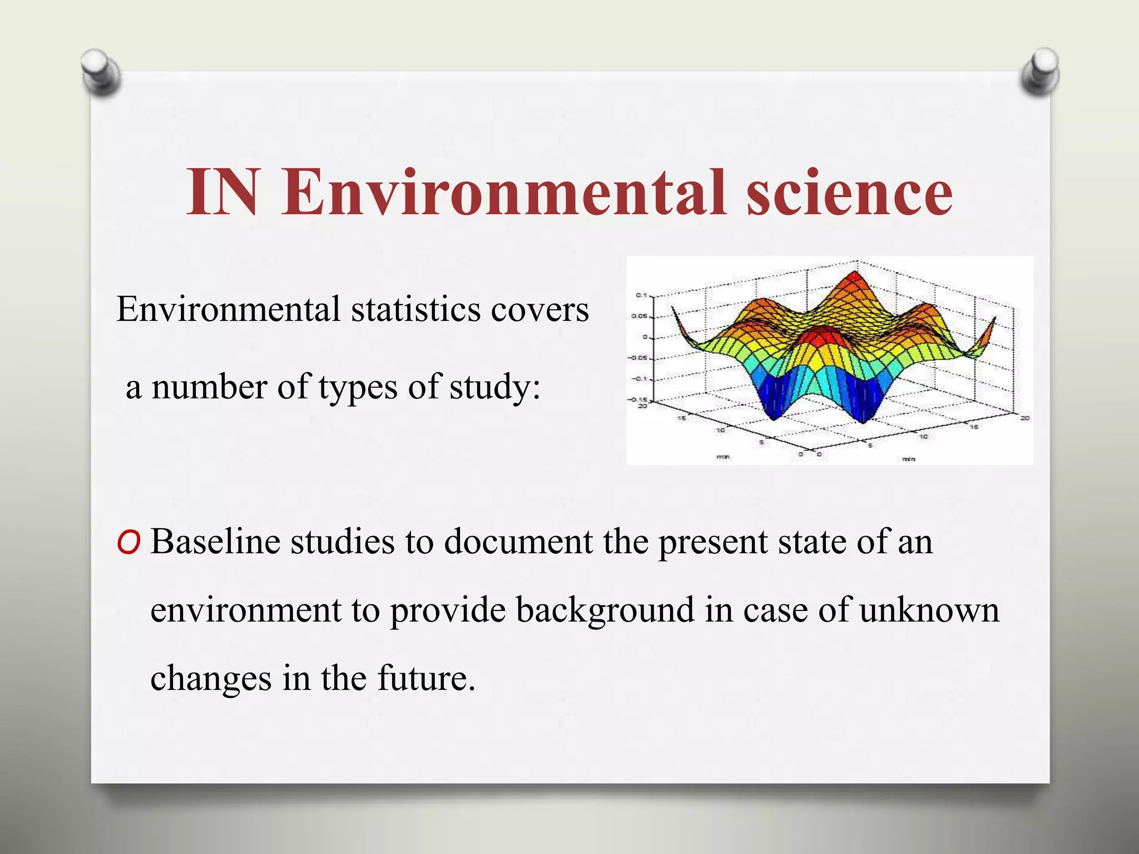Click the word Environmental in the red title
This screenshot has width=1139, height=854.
[x=503, y=192]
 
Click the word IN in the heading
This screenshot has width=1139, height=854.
[x=222, y=192]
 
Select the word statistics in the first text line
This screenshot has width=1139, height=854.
[x=415, y=309]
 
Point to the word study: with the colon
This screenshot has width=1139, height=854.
[x=494, y=386]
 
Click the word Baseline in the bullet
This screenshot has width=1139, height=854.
[x=215, y=541]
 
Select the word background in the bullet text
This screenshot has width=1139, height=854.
[x=605, y=610]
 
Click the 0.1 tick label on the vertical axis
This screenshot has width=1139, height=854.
[x=641, y=295]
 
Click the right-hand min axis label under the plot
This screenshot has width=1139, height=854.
[x=908, y=459]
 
